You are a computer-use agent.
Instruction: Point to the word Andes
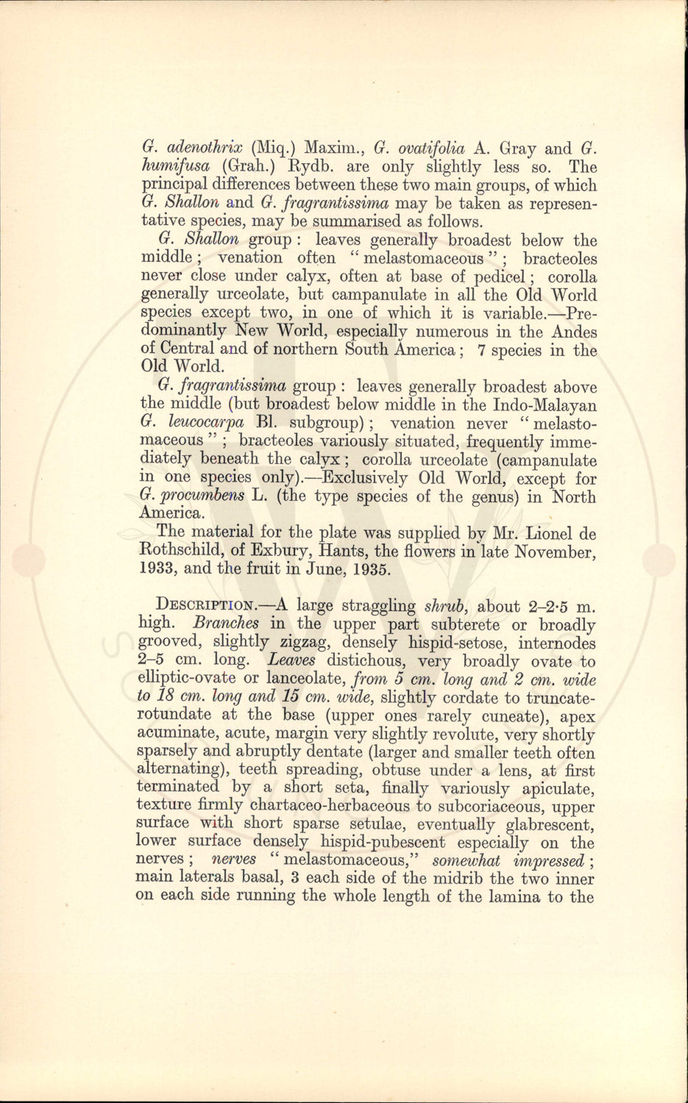pyautogui.click(x=574, y=332)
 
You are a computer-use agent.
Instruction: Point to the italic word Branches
pyautogui.click(x=222, y=624)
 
